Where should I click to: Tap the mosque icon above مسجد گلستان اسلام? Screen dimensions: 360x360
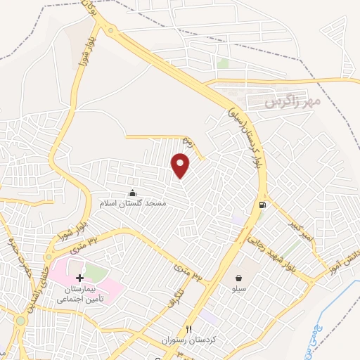(132, 193)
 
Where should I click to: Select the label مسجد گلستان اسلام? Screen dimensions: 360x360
(132, 202)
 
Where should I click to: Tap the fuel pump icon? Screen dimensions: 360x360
(262, 205)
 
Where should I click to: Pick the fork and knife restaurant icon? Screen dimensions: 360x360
(188, 329)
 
